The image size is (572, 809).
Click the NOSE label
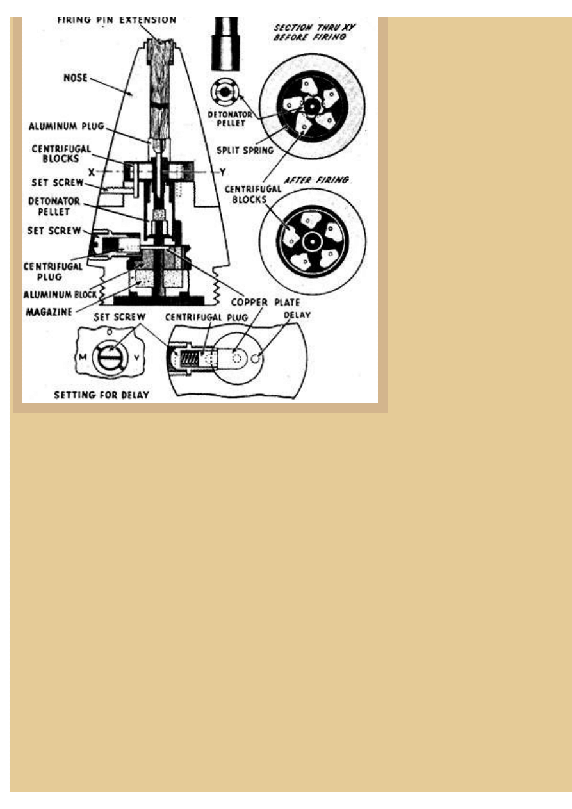point(76,78)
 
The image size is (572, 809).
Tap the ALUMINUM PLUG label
point(67,126)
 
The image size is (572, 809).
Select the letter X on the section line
point(92,173)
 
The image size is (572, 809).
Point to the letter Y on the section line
point(222,173)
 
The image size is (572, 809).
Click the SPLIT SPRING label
point(245,151)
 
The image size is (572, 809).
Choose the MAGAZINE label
point(49,312)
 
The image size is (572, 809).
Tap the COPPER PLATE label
point(265,302)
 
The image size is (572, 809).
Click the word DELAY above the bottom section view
point(297,315)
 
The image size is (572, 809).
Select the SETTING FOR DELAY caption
point(101,395)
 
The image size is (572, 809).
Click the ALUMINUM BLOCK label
point(60,295)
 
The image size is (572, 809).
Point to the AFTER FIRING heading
point(316,180)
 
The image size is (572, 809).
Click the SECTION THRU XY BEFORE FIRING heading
point(314,32)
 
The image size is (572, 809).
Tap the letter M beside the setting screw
point(83,357)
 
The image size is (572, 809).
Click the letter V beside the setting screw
point(136,357)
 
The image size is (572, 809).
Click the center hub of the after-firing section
point(312,241)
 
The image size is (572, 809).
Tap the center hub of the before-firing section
point(310,106)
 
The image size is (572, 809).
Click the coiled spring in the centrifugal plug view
point(189,359)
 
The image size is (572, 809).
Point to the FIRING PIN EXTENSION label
point(117,20)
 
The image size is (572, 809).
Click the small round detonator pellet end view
point(224,92)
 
